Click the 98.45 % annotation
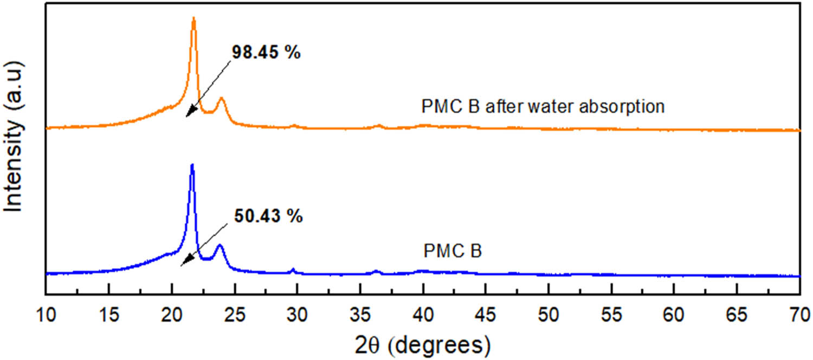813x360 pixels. click(x=266, y=53)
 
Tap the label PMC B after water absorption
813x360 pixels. click(x=543, y=106)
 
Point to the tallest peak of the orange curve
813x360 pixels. click(x=193, y=20)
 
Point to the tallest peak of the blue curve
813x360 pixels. click(x=192, y=166)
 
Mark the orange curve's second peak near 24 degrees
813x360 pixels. click(x=221, y=99)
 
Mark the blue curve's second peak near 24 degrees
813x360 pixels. click(x=220, y=246)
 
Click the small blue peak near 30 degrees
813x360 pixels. click(x=293, y=269)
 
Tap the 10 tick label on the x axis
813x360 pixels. click(x=47, y=315)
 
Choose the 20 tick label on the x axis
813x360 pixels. click(x=172, y=315)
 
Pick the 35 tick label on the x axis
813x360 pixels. click(x=360, y=315)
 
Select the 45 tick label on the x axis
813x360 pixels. click(x=486, y=315)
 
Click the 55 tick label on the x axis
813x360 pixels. click(x=611, y=315)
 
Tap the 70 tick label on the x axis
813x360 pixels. click(x=799, y=315)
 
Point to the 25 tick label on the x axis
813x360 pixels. click(x=235, y=315)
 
